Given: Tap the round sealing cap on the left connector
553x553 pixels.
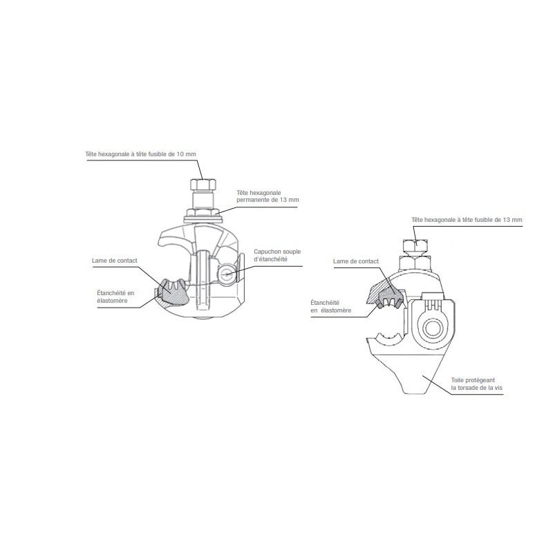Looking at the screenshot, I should pos(226,274).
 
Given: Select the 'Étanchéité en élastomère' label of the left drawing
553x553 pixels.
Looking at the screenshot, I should pos(116,297).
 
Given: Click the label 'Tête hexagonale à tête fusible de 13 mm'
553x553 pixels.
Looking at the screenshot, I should pos(467,218).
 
